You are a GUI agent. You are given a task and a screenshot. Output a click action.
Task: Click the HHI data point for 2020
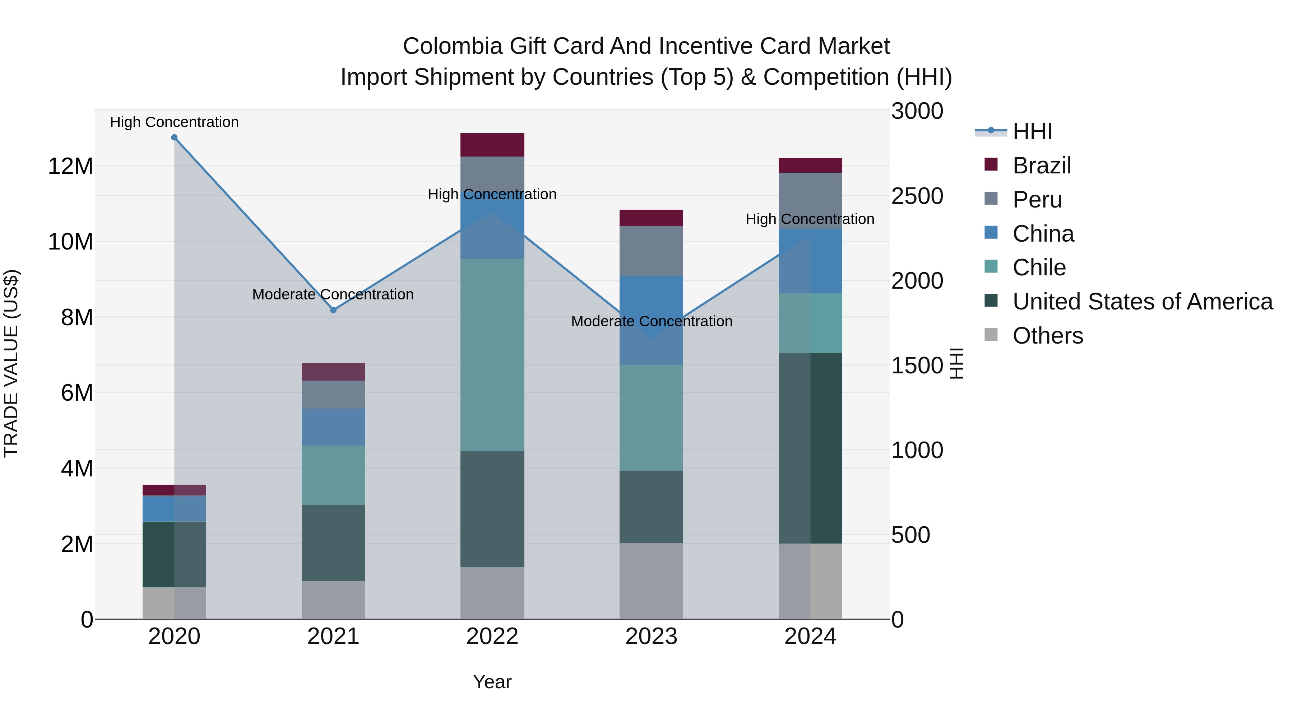(174, 138)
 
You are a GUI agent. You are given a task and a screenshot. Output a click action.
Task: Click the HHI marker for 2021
(333, 310)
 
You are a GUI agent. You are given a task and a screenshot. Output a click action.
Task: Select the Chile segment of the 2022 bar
(492, 355)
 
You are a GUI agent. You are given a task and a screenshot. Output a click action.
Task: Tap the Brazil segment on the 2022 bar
(492, 145)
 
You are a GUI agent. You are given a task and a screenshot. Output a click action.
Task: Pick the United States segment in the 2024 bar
(810, 448)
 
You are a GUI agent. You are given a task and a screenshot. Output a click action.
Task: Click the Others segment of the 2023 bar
(651, 581)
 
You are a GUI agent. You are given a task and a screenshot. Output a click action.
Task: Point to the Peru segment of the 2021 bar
(333, 394)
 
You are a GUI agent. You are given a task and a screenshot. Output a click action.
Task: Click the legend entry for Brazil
(1042, 166)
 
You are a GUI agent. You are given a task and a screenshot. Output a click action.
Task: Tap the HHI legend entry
(1032, 131)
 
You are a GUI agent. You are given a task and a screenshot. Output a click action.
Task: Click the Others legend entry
(1048, 336)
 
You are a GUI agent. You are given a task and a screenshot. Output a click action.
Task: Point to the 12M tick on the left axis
(70, 166)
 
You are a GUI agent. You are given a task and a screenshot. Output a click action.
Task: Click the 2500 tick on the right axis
(917, 196)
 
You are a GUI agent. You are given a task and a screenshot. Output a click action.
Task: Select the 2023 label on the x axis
(651, 637)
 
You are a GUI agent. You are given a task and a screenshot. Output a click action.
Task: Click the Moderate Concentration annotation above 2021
(333, 294)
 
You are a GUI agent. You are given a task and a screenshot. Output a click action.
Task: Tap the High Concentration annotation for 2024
(810, 219)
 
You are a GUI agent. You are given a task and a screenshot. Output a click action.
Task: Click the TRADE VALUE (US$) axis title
(11, 363)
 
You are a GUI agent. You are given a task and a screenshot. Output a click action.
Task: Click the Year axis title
(492, 682)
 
